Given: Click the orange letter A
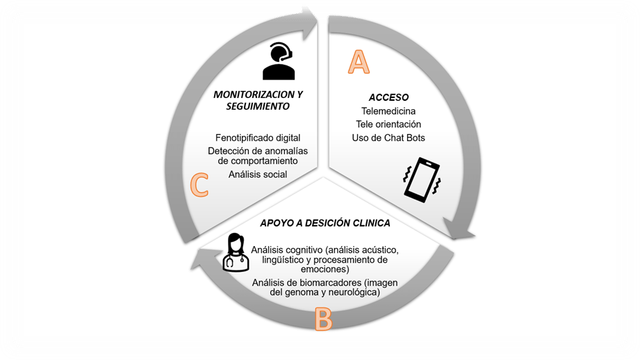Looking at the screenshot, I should (358, 62).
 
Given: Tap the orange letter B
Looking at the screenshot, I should (323, 318).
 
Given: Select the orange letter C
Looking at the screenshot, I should (199, 185).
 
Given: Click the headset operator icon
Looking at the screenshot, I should (279, 61).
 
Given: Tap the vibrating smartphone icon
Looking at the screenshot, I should (422, 180).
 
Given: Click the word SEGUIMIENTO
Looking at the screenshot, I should (258, 106).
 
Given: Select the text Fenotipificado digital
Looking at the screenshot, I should (258, 138).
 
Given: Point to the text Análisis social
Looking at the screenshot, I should (258, 174).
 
